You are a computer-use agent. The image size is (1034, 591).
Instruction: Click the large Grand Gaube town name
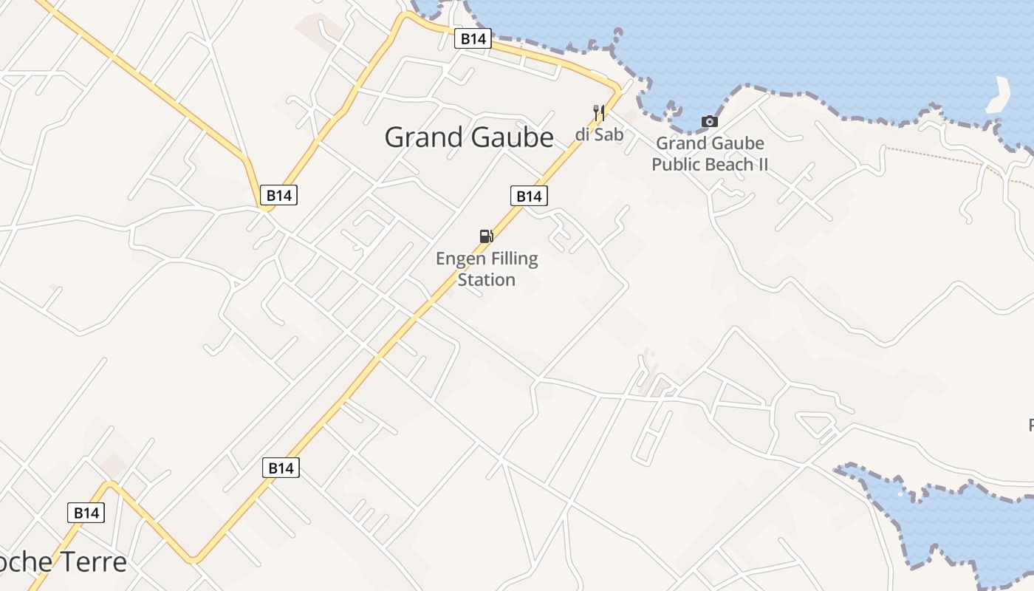[x=469, y=137]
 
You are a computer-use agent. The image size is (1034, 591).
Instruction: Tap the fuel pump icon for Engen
[x=486, y=236]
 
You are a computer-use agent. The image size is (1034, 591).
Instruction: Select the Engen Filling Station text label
[x=487, y=269]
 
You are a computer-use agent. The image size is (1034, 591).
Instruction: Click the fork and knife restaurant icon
[x=599, y=112]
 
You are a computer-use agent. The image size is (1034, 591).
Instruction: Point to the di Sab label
[x=599, y=134]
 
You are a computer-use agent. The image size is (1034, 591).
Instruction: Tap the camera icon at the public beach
[x=709, y=121]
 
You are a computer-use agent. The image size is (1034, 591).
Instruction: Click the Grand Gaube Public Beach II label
[x=710, y=154]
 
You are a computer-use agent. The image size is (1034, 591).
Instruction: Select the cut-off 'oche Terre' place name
[x=64, y=562]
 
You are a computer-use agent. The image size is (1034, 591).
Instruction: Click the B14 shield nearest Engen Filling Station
[x=529, y=196]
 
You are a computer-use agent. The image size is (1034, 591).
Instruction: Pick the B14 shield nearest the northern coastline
[x=473, y=38]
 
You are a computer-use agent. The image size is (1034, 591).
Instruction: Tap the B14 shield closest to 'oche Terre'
[x=86, y=513]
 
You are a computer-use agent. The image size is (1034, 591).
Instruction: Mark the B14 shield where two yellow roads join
[x=279, y=196]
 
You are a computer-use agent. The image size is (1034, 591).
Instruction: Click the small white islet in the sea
[x=999, y=95]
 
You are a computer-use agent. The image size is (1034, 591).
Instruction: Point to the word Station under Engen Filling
[x=487, y=280]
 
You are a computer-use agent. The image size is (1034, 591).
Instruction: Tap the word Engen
[x=457, y=259]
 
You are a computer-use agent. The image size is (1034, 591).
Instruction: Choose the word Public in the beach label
[x=677, y=164]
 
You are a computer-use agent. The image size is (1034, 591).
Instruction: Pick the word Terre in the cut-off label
[x=93, y=562]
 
